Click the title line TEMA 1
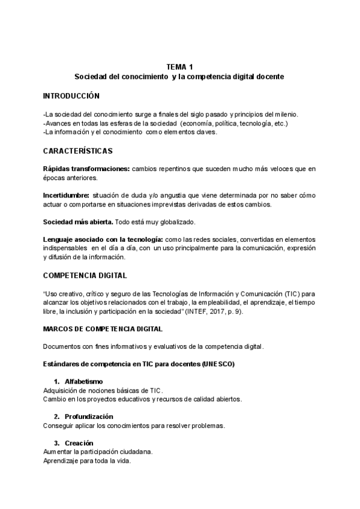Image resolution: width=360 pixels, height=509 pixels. (180, 67)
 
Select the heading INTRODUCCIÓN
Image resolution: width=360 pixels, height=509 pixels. (71, 96)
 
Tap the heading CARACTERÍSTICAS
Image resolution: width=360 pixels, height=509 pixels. (77, 151)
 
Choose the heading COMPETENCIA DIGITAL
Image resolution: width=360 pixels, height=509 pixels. (85, 276)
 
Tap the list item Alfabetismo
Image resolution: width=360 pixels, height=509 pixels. (83, 382)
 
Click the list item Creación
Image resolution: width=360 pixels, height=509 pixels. (79, 443)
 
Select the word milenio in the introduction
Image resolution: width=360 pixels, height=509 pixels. (285, 115)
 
